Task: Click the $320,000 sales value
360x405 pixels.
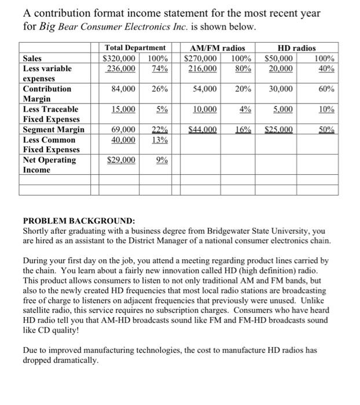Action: click(x=119, y=58)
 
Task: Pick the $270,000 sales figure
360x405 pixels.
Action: click(x=200, y=58)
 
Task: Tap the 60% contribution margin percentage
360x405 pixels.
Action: click(x=324, y=89)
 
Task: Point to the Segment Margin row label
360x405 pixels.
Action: click(x=53, y=130)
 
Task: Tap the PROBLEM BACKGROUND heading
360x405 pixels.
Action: click(x=79, y=221)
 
